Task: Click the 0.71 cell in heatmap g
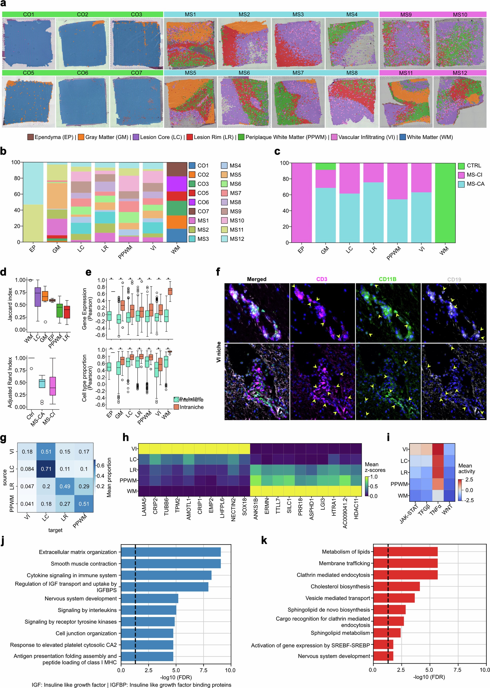pyautogui.click(x=46, y=469)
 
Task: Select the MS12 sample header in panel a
pyautogui.click(x=460, y=73)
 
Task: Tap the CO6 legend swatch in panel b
pyautogui.click(x=192, y=202)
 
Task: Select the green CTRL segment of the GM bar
pyautogui.click(x=325, y=166)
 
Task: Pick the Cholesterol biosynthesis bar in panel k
pyautogui.click(x=396, y=586)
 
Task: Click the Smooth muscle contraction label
pyautogui.click(x=84, y=563)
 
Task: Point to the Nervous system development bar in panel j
pyautogui.click(x=149, y=599)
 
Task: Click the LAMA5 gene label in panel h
pyautogui.click(x=144, y=507)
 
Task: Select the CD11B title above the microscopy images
pyautogui.click(x=387, y=279)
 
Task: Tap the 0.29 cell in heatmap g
pyautogui.click(x=84, y=486)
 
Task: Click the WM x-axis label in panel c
pyautogui.click(x=444, y=250)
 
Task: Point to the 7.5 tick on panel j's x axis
pyautogui.click(x=203, y=670)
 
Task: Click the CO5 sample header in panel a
pyautogui.click(x=28, y=73)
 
